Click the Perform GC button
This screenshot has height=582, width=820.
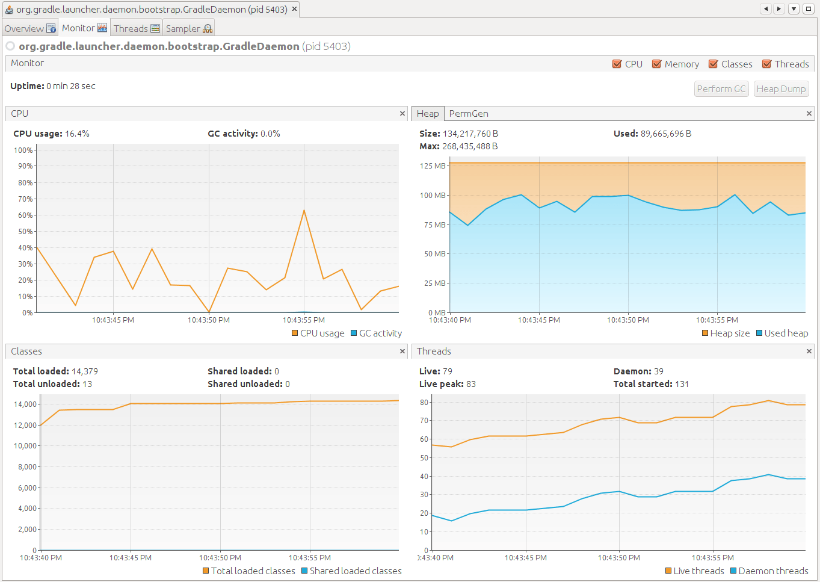coord(721,89)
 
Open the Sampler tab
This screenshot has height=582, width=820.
coord(188,28)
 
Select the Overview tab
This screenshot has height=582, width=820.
coord(29,28)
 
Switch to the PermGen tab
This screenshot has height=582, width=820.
coord(468,114)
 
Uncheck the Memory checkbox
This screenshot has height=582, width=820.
coord(657,64)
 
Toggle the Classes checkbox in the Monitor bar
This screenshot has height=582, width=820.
coord(714,64)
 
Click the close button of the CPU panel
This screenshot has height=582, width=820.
coord(402,114)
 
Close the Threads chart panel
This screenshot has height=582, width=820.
coord(809,351)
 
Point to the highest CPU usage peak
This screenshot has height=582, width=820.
coord(304,210)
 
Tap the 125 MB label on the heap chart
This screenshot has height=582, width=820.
coord(433,166)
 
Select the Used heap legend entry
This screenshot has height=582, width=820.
coord(782,333)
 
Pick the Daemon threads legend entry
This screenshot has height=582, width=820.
coord(769,571)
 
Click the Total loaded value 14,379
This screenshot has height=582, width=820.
coord(85,371)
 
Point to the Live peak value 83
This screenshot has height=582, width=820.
coord(471,384)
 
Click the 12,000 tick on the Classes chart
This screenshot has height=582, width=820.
coord(25,426)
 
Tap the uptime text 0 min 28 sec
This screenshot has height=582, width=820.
coord(71,86)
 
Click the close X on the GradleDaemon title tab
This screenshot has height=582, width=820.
coord(294,9)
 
